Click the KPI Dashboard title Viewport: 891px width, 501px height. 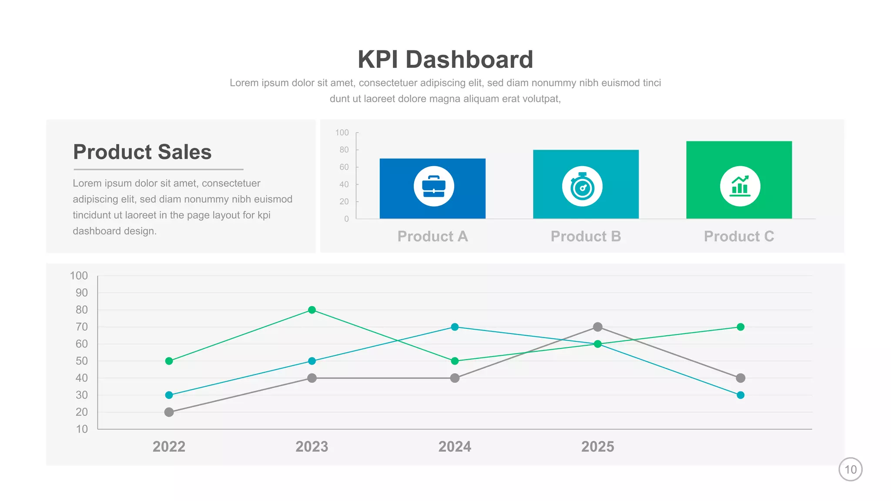[445, 59]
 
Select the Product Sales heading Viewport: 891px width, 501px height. [142, 152]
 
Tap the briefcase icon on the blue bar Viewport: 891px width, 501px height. [434, 186]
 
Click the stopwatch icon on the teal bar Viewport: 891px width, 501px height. [582, 186]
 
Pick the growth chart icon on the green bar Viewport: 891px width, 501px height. [740, 186]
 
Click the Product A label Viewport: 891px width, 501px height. [432, 236]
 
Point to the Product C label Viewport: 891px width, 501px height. [739, 236]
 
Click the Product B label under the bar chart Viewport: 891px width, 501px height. [586, 236]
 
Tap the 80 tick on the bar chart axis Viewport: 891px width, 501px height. [344, 150]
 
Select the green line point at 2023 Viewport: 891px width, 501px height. [312, 310]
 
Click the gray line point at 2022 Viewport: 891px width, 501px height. [169, 412]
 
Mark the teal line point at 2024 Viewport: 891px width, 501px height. [455, 327]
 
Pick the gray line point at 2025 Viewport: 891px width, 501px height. [598, 327]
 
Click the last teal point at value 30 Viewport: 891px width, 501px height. [740, 395]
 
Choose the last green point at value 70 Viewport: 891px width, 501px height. [740, 327]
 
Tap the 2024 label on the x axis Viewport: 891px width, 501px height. [455, 447]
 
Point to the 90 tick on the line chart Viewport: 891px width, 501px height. [81, 293]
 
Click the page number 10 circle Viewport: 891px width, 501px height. [850, 469]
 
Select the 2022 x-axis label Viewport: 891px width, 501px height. [169, 447]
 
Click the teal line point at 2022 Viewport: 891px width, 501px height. [169, 395]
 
